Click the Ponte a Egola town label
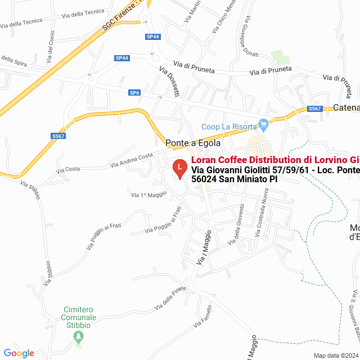tap(192, 143)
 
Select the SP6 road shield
tap(134, 93)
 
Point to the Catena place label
tap(346, 107)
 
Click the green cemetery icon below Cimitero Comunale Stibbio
tap(79, 337)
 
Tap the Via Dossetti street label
tap(169, 82)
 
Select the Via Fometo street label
tap(202, 317)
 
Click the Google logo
tap(19, 353)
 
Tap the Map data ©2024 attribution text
tap(335, 355)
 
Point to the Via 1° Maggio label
tap(149, 195)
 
